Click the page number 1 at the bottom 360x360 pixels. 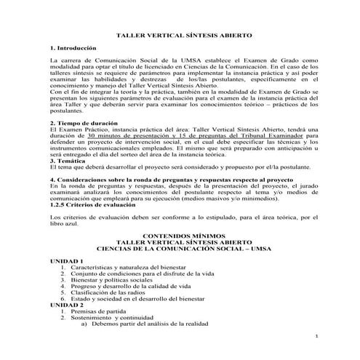[318, 339]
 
